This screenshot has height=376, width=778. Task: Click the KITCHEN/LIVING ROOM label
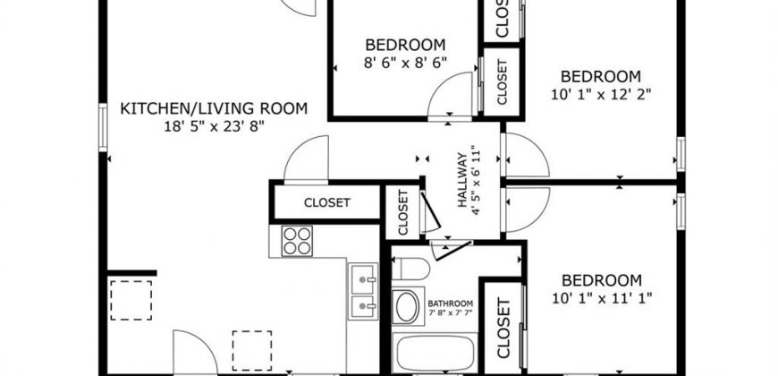[214, 108]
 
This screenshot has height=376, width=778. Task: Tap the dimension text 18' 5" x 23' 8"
[214, 126]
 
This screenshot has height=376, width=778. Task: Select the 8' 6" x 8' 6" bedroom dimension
[405, 63]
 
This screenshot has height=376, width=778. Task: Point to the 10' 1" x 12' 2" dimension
[601, 94]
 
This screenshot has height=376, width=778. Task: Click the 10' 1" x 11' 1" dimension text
[601, 298]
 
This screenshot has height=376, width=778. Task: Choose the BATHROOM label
[451, 303]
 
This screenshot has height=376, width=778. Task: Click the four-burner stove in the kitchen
[297, 241]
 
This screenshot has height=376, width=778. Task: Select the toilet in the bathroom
[410, 269]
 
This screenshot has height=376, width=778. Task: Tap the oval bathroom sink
[408, 306]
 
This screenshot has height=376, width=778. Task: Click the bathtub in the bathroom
[435, 353]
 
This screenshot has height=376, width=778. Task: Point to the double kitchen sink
[363, 291]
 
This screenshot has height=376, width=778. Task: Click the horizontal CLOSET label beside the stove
[327, 202]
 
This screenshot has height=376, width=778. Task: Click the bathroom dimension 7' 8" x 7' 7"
[451, 313]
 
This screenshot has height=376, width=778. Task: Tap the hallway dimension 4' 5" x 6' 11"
[477, 180]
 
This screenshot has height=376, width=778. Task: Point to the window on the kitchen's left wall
[103, 127]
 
